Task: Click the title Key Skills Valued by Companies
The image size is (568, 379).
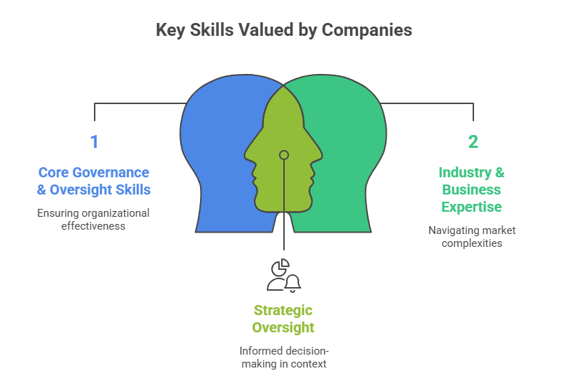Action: point(284,30)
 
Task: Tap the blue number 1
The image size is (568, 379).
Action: point(94,141)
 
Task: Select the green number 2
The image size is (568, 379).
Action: point(473,141)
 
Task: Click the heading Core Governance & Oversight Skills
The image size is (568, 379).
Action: point(94,181)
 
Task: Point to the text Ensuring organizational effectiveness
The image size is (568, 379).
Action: point(94,219)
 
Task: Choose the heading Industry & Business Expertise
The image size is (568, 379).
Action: point(472,189)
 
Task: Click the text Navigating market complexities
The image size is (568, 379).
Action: point(472,236)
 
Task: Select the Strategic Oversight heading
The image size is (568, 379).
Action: point(283,319)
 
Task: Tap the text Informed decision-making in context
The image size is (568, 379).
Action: point(283,357)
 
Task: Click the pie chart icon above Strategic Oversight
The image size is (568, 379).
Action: point(281,266)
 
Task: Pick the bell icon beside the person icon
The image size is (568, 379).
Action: point(292,284)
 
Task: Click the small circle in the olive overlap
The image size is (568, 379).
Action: point(284,155)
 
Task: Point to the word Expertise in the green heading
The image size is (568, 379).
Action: point(472,207)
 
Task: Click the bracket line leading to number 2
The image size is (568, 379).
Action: point(430,103)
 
